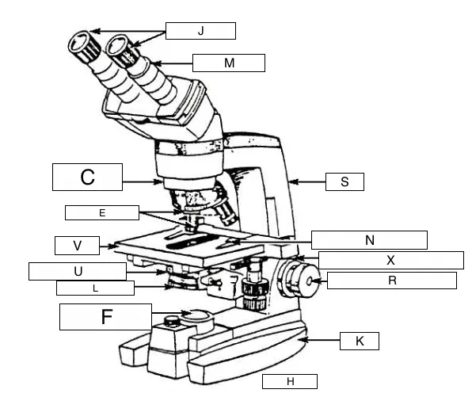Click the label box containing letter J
[200, 31]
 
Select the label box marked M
[228, 62]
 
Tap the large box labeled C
[88, 177]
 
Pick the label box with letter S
[344, 181]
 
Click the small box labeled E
[102, 212]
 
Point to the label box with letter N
[369, 239]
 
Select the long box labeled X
[390, 260]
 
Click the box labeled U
[77, 272]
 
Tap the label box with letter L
[95, 288]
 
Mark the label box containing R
[391, 281]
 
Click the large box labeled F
[105, 317]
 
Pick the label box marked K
[360, 341]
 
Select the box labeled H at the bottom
[290, 382]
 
